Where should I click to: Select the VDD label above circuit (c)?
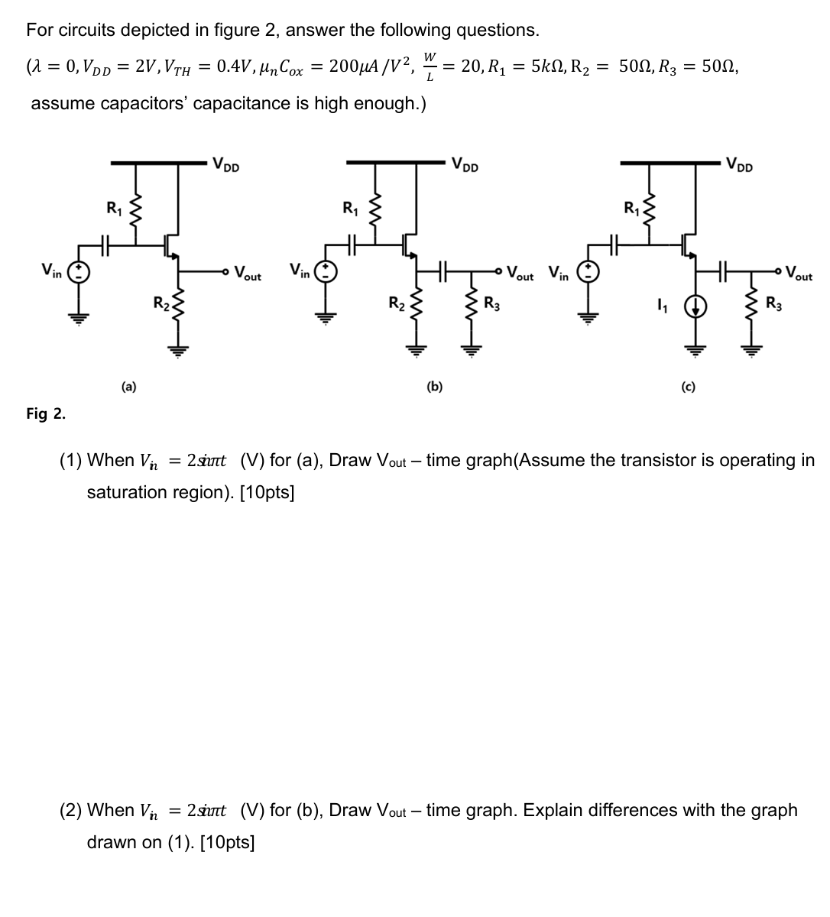[x=740, y=164]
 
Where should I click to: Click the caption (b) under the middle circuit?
[x=434, y=387]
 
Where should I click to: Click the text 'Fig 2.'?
[x=46, y=414]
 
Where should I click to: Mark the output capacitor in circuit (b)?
[x=446, y=269]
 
